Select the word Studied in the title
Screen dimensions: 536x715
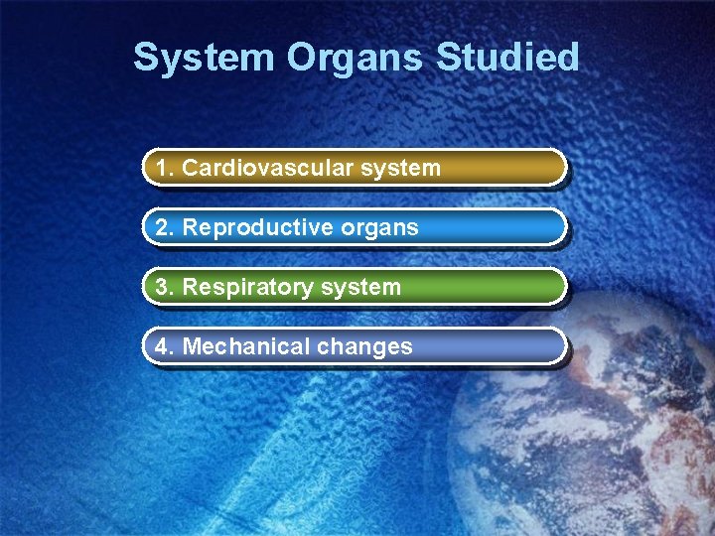tap(507, 58)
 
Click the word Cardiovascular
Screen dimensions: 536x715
tap(268, 169)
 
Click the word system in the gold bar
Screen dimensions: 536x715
tap(401, 169)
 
